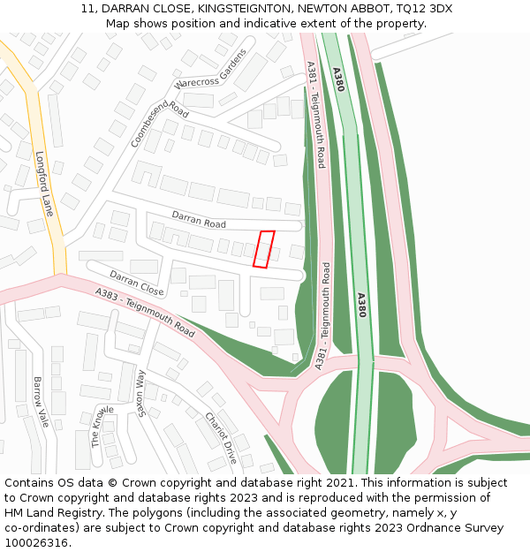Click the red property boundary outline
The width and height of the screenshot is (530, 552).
point(263,248)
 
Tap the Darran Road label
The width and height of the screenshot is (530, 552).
point(199,218)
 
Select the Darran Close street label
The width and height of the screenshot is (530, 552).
point(137,283)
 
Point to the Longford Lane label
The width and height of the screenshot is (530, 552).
point(44,184)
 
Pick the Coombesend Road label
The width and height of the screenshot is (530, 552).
point(160,124)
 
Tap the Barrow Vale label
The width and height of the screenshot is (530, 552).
point(40,402)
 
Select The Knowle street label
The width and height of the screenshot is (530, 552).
point(103,426)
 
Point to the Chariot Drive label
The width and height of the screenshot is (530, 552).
point(221,438)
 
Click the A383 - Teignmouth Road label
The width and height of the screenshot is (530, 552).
point(145,314)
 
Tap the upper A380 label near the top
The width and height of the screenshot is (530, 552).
point(338,79)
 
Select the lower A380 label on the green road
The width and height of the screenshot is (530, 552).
point(360,305)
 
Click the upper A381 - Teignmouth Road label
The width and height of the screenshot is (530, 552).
point(315,115)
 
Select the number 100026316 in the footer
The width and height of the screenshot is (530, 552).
point(36,542)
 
